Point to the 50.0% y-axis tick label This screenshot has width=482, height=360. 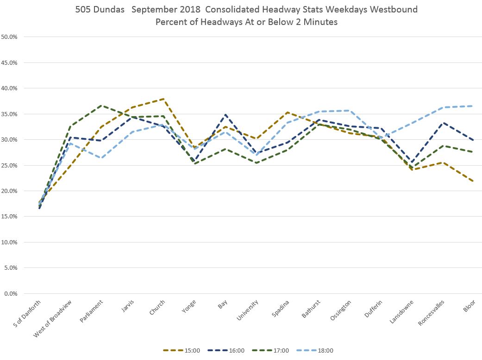pos(9,37)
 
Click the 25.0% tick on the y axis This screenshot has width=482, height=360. pos(9,165)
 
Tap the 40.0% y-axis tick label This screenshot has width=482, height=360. pos(9,88)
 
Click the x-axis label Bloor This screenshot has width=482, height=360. pos(469,306)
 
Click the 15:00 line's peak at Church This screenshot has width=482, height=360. pos(164,99)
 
